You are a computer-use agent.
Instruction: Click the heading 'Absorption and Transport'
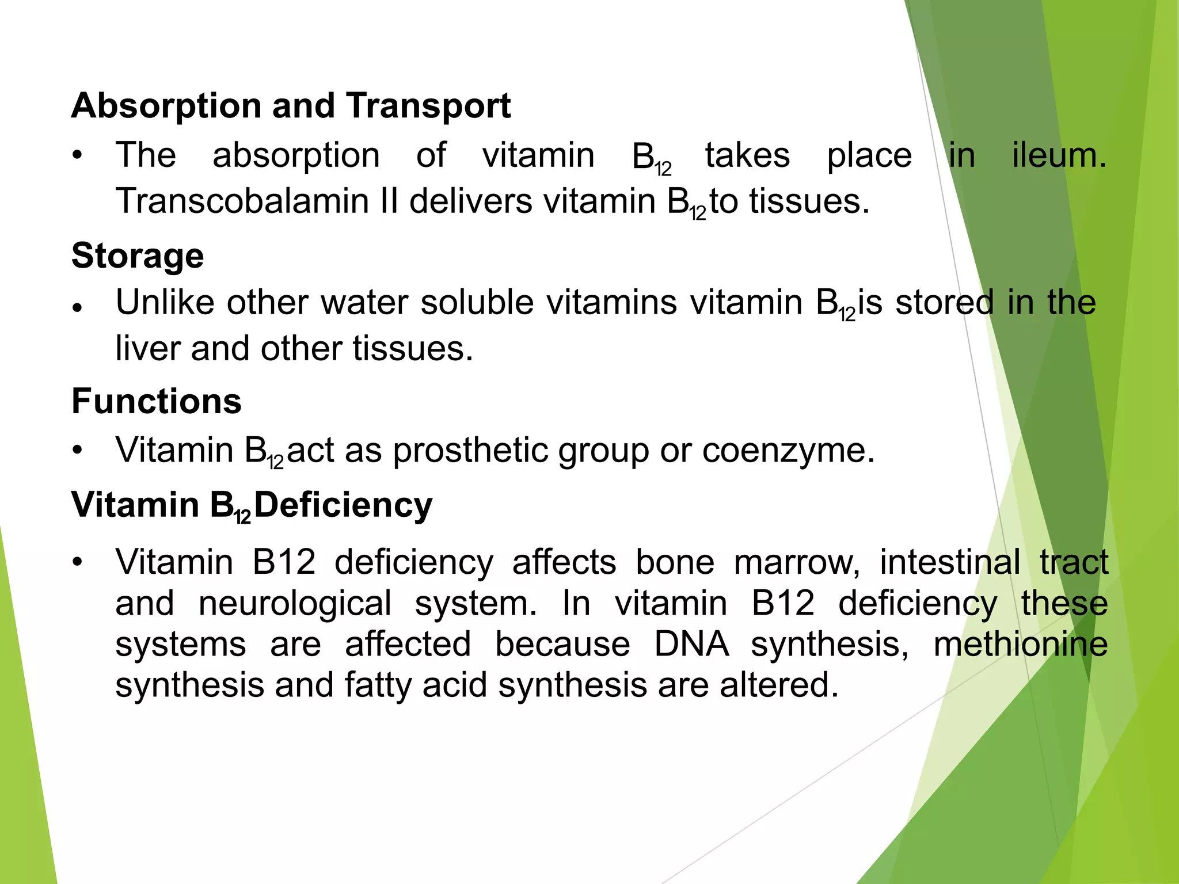pyautogui.click(x=291, y=106)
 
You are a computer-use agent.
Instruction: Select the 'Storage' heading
pyautogui.click(x=138, y=256)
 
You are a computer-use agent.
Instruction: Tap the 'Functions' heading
pyautogui.click(x=157, y=401)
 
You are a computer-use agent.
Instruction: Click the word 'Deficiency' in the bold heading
pyautogui.click(x=343, y=505)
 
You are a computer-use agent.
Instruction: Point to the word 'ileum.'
pyautogui.click(x=1059, y=155)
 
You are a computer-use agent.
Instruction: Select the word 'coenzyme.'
pyautogui.click(x=788, y=450)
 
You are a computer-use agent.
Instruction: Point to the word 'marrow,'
pyautogui.click(x=797, y=562)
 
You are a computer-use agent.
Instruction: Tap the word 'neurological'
pyautogui.click(x=295, y=603)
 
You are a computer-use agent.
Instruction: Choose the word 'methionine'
pyautogui.click(x=1021, y=644)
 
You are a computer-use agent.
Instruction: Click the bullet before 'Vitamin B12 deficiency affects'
pyautogui.click(x=78, y=562)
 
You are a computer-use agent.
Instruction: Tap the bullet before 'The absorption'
pyautogui.click(x=78, y=155)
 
